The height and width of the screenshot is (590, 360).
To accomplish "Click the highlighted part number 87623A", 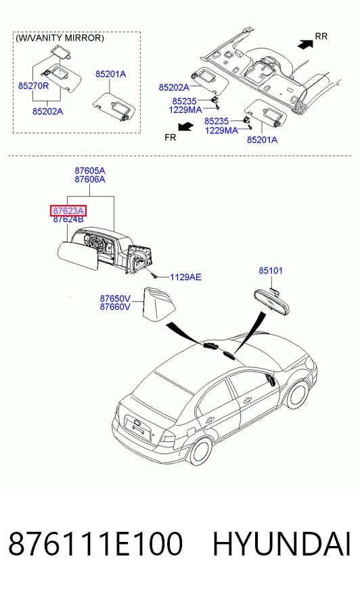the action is [x=68, y=210].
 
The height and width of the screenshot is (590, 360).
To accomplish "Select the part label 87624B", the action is [x=68, y=219].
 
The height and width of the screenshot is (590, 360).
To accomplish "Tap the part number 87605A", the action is [x=90, y=171].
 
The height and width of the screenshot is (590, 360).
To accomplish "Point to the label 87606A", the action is [x=90, y=179].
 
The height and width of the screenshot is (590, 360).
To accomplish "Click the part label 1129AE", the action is [x=185, y=277].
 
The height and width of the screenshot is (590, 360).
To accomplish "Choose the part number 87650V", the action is [x=115, y=299].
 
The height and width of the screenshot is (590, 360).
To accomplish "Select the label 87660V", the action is [x=115, y=307].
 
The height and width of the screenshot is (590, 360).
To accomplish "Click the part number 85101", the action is [x=271, y=271].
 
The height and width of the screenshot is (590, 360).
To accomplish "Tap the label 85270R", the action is [x=33, y=86].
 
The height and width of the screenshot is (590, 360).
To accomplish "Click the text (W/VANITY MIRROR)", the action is [x=60, y=38].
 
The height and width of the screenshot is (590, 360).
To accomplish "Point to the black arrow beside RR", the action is [x=305, y=44].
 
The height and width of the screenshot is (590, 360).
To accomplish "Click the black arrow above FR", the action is [x=185, y=127].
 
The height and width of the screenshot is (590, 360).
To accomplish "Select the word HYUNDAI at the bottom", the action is [x=282, y=544].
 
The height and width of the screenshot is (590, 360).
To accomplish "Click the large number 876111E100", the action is [x=95, y=544].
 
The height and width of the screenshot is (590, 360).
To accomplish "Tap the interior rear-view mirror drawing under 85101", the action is [x=272, y=302].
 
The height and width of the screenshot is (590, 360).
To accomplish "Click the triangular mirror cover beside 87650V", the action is [x=159, y=304].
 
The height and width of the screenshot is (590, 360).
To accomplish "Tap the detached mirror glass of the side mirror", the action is [x=78, y=256].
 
